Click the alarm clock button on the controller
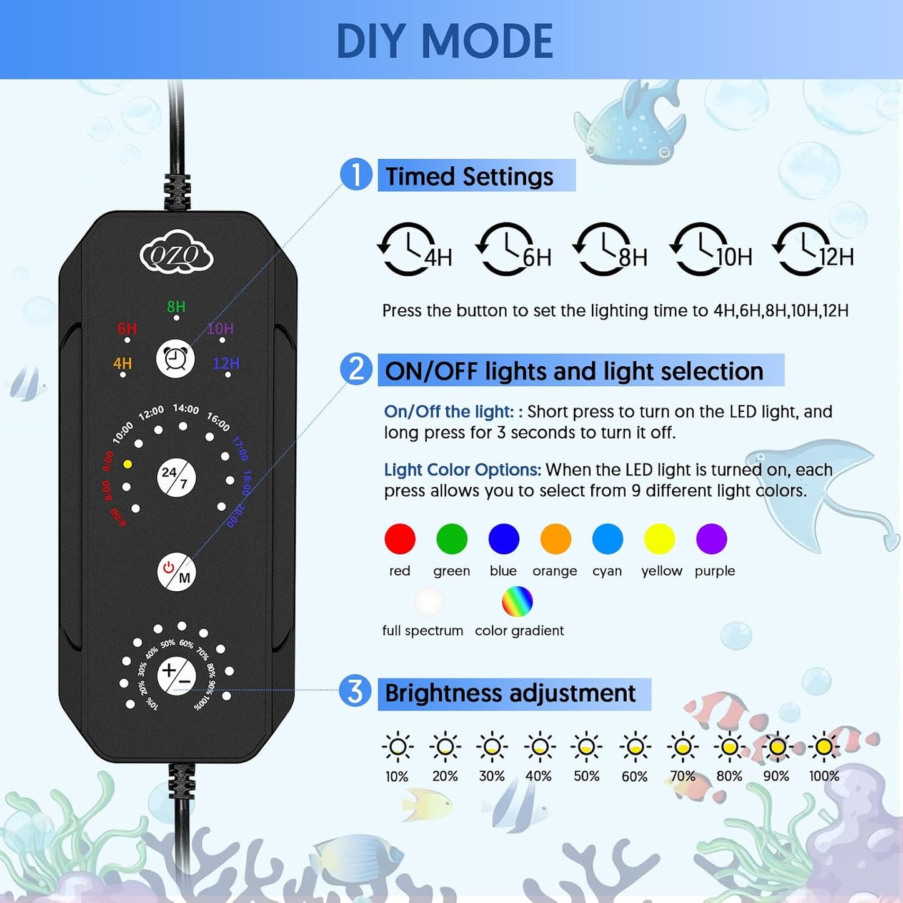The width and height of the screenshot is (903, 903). coord(175,359)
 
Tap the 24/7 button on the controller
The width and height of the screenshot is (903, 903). coord(176,478)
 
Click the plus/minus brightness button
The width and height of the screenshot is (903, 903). coord(176,676)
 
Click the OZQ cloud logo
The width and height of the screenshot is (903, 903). coord(176,253)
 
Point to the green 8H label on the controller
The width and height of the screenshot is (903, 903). coord(176,306)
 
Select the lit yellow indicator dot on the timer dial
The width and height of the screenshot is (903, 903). coord(127,464)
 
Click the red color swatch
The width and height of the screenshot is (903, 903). coord(400,539)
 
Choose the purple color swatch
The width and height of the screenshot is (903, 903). coord(711,539)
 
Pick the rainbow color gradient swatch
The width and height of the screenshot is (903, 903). coord(517,602)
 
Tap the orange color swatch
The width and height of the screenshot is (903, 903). coord(556,539)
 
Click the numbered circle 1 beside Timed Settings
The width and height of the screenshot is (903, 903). coord(356,174)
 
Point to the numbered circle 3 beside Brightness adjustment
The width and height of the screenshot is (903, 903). coord(355,691)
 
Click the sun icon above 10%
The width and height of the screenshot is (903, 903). coord(397,747)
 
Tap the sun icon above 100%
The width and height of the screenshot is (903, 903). coord(824,747)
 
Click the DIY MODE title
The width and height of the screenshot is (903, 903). coord(444,41)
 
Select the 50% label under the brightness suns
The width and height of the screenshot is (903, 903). coord(586,776)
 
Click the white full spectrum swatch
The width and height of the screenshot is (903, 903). coord(429,602)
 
